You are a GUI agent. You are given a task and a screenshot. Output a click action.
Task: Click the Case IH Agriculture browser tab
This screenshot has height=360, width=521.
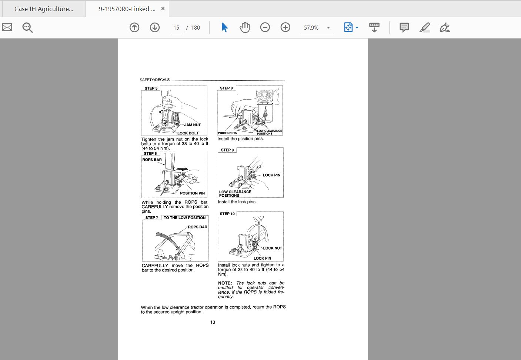tap(44, 9)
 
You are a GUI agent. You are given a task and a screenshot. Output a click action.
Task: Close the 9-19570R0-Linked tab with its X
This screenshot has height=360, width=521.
tap(163, 9)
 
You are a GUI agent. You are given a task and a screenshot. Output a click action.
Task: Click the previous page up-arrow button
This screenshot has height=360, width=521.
tap(134, 27)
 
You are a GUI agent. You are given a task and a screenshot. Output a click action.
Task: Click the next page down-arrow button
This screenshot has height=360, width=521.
tap(155, 27)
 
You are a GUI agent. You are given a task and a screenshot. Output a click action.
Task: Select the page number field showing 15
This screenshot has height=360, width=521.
tap(176, 28)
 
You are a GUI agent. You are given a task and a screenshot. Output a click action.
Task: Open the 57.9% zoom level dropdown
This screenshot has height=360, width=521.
tap(328, 28)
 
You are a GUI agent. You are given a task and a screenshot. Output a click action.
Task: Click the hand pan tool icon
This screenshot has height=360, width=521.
tap(245, 27)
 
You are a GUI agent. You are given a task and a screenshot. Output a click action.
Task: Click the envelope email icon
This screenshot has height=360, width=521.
tap(7, 27)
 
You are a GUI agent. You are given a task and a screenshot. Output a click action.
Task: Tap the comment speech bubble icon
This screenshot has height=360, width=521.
tap(404, 27)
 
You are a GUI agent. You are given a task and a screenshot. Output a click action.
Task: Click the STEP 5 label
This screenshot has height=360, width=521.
tap(151, 88)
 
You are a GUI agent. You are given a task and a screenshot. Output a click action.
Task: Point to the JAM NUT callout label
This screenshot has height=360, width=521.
tap(192, 125)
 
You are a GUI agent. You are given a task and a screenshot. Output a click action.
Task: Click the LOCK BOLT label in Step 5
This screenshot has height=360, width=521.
tap(188, 133)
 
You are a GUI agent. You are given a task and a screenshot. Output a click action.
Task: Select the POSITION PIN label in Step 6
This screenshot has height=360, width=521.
tap(192, 193)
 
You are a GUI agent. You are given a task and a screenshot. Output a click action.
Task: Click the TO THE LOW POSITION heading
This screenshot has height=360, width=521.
tap(184, 218)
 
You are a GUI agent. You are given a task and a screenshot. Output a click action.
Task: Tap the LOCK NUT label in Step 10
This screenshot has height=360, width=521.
tap(273, 248)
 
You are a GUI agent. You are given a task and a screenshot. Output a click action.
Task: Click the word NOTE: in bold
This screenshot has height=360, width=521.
tap(225, 283)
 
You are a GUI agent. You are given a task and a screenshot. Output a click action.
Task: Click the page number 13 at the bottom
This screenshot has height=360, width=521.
tap(213, 322)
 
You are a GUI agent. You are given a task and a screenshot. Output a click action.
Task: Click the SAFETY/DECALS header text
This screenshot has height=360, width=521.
tap(154, 80)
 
